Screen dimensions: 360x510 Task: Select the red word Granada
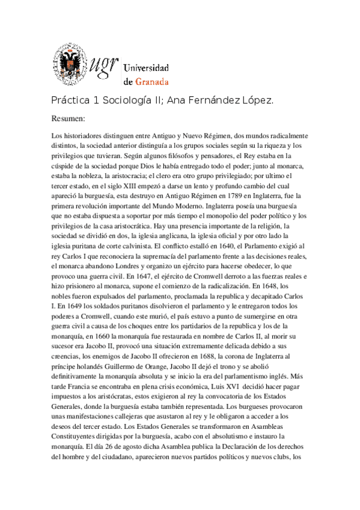point(153,81)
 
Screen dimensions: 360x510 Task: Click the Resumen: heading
point(69,118)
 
